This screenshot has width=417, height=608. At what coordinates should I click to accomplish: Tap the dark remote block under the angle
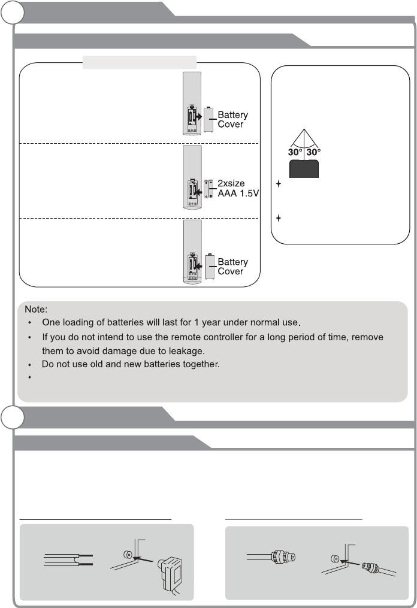tap(304, 169)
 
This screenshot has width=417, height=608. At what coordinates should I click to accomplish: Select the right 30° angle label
tap(313, 152)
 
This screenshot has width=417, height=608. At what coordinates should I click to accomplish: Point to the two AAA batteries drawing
tap(210, 189)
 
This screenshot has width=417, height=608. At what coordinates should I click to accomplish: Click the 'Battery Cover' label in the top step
tap(232, 119)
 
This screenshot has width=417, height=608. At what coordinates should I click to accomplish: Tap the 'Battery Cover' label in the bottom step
tap(232, 267)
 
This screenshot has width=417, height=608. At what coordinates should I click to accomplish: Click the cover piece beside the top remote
tap(209, 119)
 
